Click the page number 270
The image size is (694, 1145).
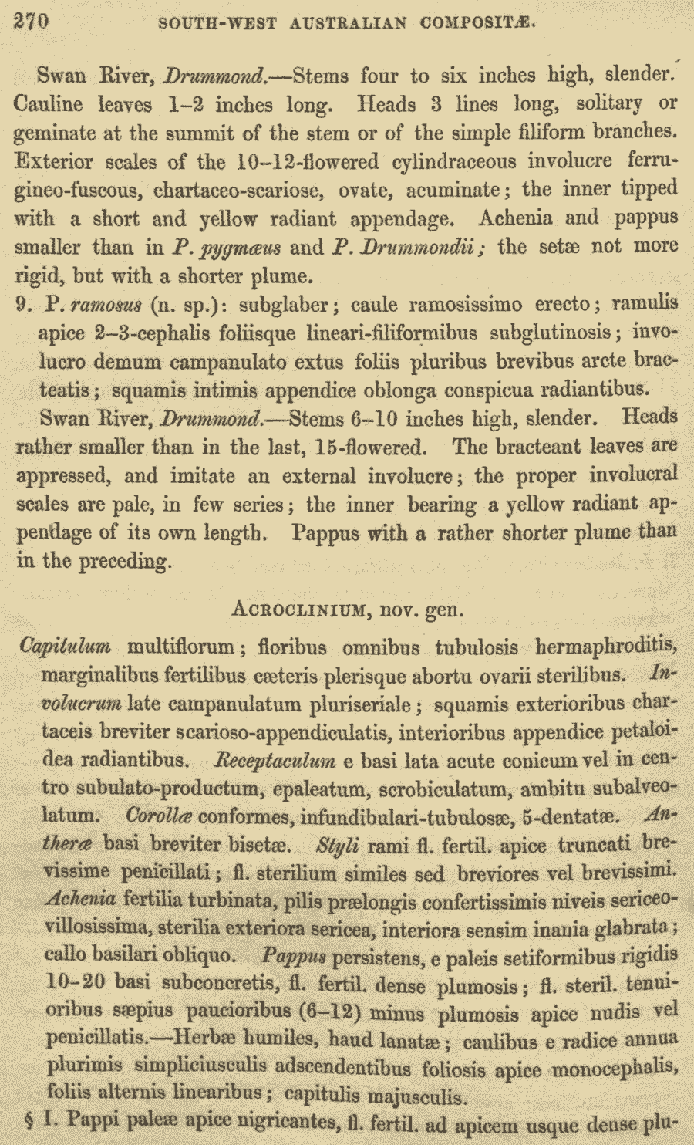point(31,21)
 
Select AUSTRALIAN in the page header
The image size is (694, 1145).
point(348,23)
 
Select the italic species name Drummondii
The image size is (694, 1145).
point(417,248)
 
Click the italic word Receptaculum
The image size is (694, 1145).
point(274,761)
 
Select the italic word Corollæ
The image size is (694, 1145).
point(159,816)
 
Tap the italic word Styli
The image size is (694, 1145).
point(337,845)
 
